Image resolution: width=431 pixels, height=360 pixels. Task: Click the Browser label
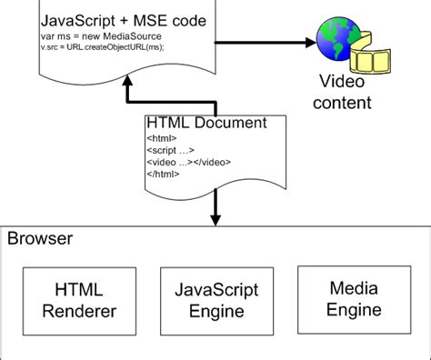tap(40, 239)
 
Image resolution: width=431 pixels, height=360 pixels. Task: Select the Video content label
tap(345, 92)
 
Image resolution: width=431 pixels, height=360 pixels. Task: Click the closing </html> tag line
tap(162, 173)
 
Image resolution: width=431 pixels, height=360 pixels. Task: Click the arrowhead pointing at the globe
tap(305, 40)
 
